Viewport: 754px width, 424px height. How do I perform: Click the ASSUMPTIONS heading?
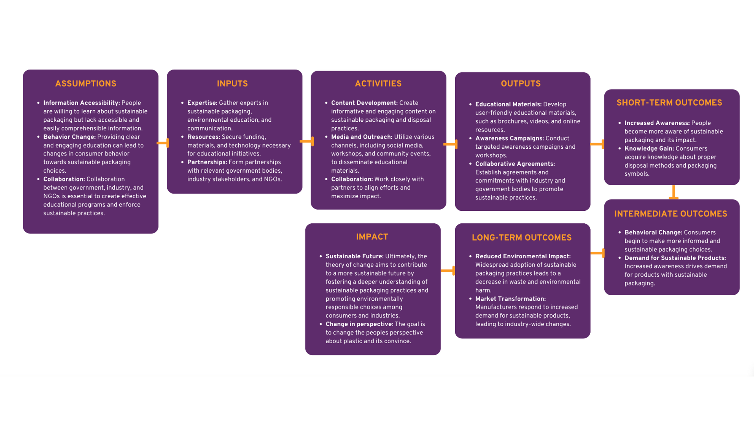(x=86, y=84)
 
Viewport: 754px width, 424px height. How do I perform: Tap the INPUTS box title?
(x=232, y=84)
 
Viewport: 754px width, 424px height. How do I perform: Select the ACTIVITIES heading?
(x=378, y=84)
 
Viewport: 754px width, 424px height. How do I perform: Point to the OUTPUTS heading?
(x=521, y=84)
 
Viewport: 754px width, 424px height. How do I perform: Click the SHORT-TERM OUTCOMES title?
(x=669, y=103)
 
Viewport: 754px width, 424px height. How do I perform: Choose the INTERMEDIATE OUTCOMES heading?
(x=671, y=214)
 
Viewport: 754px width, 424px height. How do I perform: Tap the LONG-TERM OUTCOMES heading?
(x=522, y=238)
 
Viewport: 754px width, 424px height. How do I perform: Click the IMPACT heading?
(x=372, y=237)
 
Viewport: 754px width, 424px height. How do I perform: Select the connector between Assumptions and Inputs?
(x=163, y=143)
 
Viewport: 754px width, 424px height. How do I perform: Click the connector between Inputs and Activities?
(x=307, y=141)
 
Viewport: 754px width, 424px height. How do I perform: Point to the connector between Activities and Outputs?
(x=451, y=144)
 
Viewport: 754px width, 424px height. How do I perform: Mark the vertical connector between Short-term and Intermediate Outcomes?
(x=673, y=192)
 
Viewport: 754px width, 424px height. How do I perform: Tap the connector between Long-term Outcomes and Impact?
(x=448, y=270)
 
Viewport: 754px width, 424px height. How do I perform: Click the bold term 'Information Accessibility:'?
(x=81, y=103)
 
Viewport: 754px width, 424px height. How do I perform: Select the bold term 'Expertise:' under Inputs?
(x=202, y=103)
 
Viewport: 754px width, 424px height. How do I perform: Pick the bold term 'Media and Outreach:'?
(x=361, y=137)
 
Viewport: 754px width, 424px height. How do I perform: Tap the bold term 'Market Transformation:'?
(x=510, y=299)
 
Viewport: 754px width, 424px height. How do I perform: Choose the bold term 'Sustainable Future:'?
(x=354, y=256)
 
